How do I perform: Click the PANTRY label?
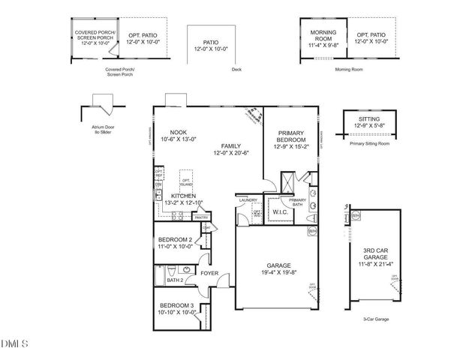click(x=201, y=217)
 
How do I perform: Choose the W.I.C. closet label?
click(x=281, y=211)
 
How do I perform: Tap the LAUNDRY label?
click(x=248, y=200)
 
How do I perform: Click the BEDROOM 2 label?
click(x=175, y=240)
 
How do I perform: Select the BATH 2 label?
click(x=175, y=280)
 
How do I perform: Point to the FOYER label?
click(x=209, y=274)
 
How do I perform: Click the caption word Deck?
click(x=236, y=69)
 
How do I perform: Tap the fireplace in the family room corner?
click(x=253, y=115)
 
